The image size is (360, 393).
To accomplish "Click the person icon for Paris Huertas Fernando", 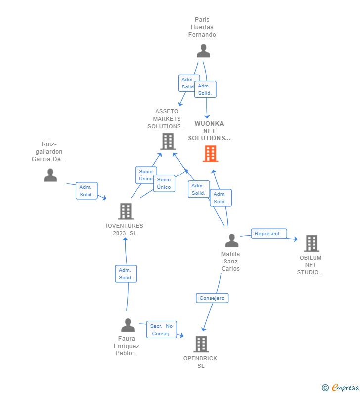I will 203,51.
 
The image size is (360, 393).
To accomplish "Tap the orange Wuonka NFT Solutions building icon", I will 210,154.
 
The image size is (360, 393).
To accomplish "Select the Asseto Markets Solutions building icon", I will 168,141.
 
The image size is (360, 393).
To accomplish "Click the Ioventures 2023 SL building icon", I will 126,212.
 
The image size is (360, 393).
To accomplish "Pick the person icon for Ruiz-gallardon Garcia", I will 50,175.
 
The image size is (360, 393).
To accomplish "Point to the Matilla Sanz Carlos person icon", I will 231,241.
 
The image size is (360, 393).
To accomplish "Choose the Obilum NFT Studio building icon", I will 311,243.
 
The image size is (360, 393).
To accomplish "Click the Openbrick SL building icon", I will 201,344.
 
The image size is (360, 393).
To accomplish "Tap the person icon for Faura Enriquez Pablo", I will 128,325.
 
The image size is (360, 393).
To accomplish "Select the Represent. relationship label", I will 269,233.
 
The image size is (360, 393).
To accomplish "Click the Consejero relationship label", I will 212,298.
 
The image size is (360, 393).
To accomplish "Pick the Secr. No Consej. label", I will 161,330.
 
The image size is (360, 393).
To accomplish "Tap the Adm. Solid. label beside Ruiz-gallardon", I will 87,191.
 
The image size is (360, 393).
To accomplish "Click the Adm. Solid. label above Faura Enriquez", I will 126,274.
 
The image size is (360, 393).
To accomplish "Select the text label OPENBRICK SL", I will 200,362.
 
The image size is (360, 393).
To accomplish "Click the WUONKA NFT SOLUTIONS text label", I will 209,131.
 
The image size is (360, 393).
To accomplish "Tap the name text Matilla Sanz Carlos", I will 230,262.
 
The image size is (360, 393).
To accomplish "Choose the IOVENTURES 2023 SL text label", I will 125,230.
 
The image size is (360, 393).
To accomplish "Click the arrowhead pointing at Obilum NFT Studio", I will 295,239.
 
